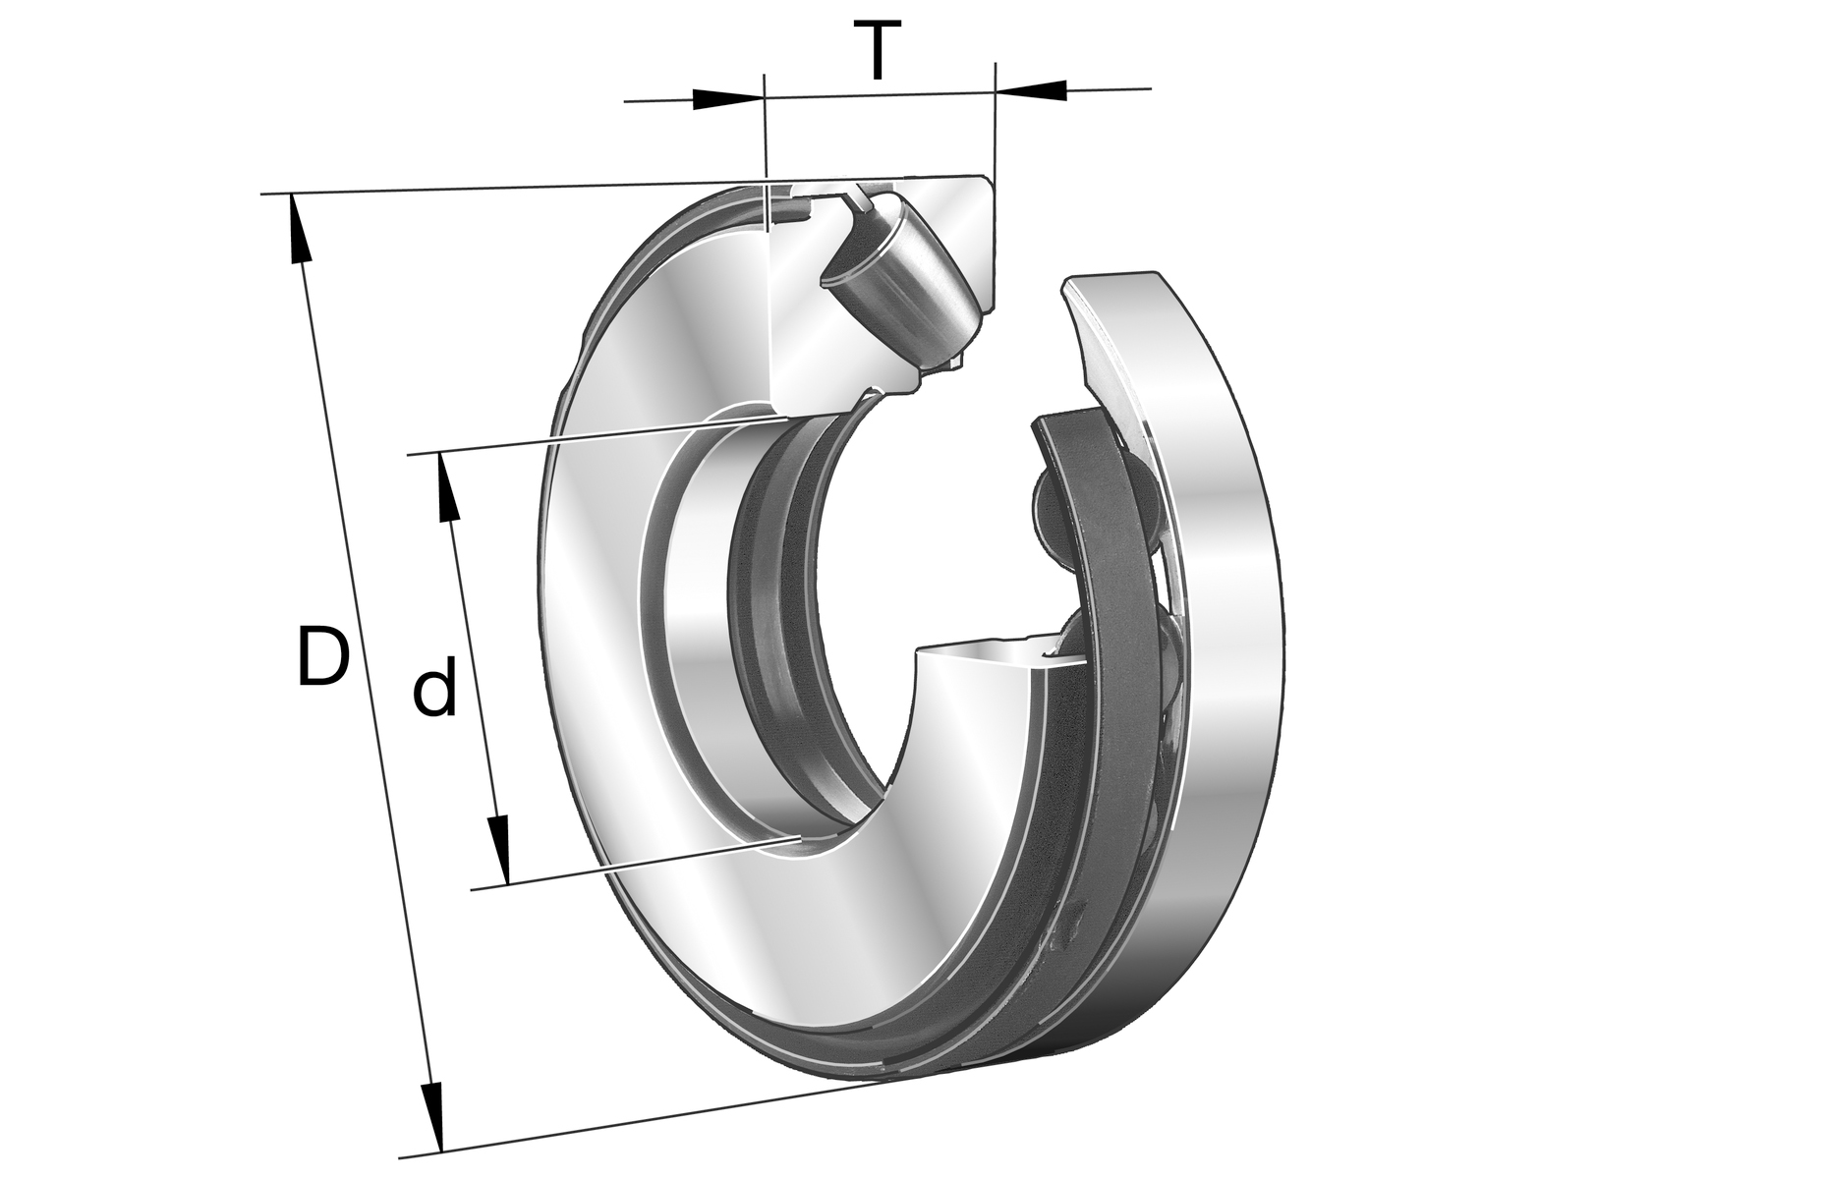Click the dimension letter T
[877, 51]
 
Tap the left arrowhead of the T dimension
[728, 98]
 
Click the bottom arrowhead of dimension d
[499, 850]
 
